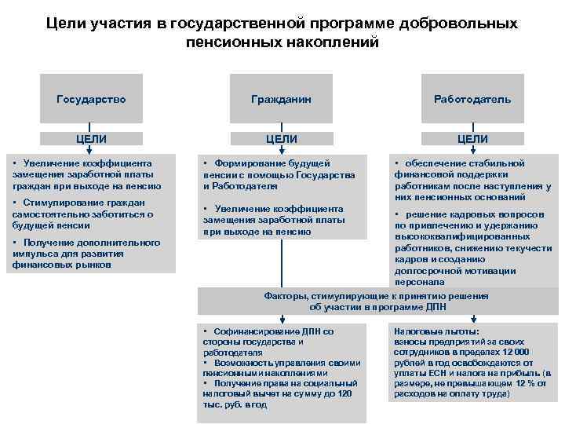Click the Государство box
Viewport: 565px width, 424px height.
[x=91, y=100]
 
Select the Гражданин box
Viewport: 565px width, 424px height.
[x=281, y=100]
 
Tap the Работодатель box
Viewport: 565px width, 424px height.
[x=472, y=100]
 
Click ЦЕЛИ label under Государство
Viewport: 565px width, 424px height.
[x=91, y=139]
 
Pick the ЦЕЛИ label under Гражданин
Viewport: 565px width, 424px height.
[x=281, y=139]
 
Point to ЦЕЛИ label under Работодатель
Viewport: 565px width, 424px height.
[x=472, y=139]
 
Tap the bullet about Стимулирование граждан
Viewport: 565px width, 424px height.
[x=83, y=214]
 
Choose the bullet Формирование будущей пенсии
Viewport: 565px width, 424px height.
[x=279, y=174]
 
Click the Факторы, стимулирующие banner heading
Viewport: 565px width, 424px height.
[x=377, y=302]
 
